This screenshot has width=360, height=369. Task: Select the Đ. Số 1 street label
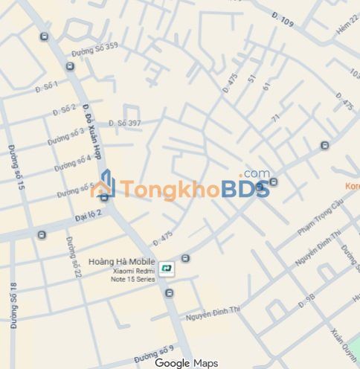pyautogui.click(x=46, y=86)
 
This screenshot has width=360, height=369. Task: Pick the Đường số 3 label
pyautogui.click(x=66, y=136)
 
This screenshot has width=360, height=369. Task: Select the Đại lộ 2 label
pyautogui.click(x=89, y=215)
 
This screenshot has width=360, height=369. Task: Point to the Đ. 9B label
pyautogui.click(x=306, y=301)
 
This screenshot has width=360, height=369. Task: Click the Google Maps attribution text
pyautogui.click(x=186, y=363)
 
